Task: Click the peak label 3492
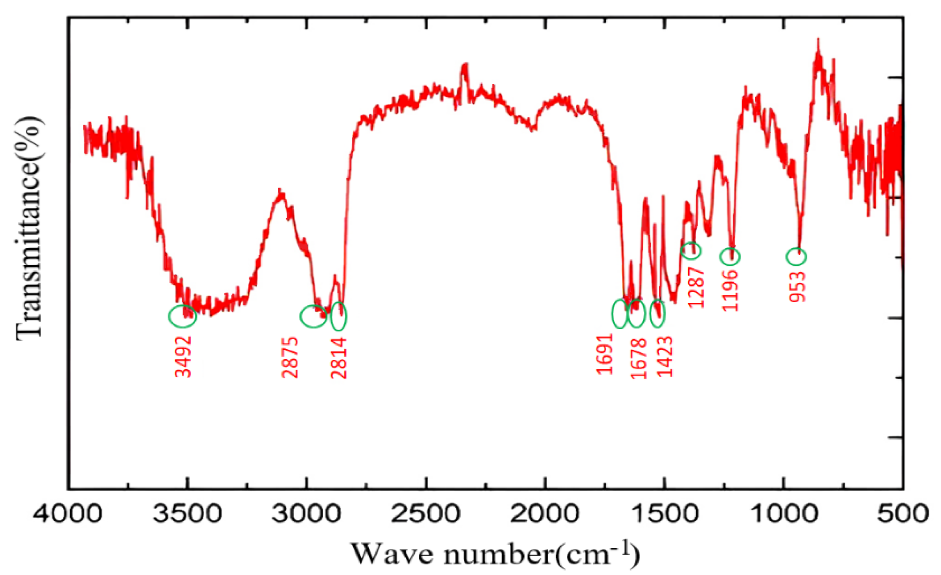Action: [x=183, y=356]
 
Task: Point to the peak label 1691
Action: [x=604, y=354]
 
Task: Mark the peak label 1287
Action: [x=696, y=287]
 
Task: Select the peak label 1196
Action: [x=731, y=290]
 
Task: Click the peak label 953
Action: [x=797, y=286]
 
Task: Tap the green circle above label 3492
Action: [x=183, y=316]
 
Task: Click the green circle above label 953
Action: [x=796, y=257]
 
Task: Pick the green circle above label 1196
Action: [x=730, y=257]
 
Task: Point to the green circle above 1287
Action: [x=691, y=250]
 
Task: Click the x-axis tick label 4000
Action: [x=68, y=513]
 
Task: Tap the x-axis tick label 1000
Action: [x=784, y=513]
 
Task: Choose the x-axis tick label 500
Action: [x=902, y=513]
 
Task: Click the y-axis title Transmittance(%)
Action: [x=29, y=228]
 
